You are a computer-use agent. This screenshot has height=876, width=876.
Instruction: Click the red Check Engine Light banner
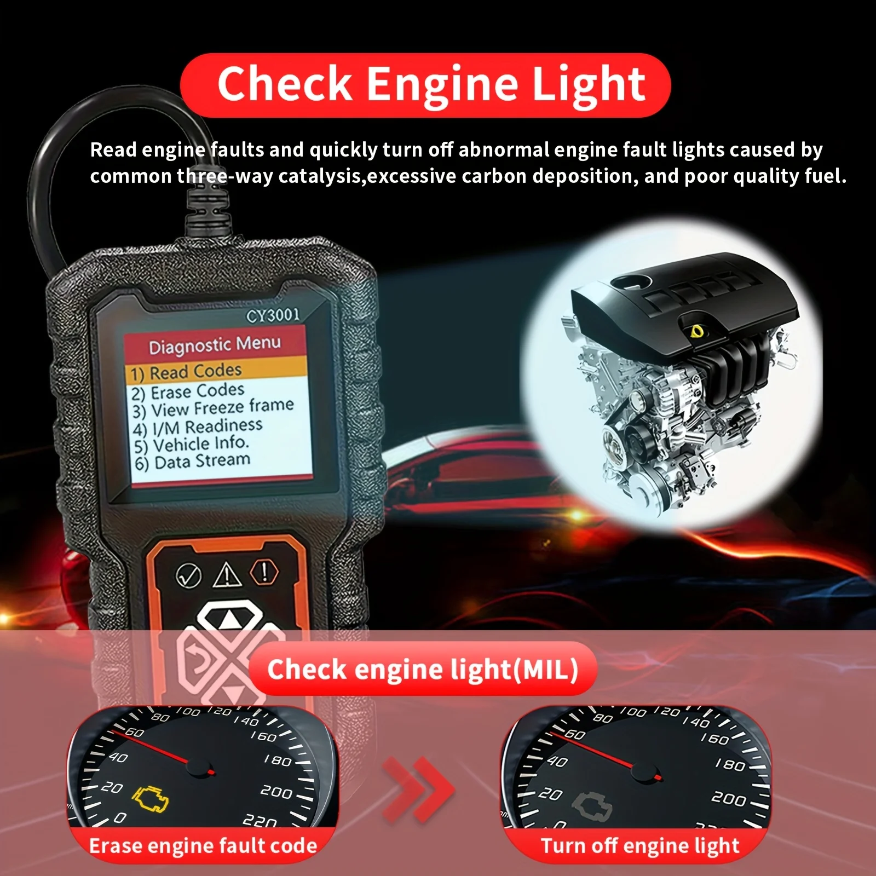point(425,85)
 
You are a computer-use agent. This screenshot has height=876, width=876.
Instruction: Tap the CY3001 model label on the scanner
point(273,316)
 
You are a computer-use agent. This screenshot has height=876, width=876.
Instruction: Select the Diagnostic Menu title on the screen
point(215,345)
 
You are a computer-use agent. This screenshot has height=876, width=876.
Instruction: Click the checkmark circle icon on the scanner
point(188,576)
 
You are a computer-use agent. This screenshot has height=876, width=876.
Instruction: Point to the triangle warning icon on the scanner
point(227,574)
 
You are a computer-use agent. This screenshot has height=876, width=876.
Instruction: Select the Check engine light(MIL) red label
point(422,669)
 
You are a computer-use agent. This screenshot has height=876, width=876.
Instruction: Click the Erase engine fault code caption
point(203,846)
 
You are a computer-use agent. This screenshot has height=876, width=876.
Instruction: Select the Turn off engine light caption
point(639,846)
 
